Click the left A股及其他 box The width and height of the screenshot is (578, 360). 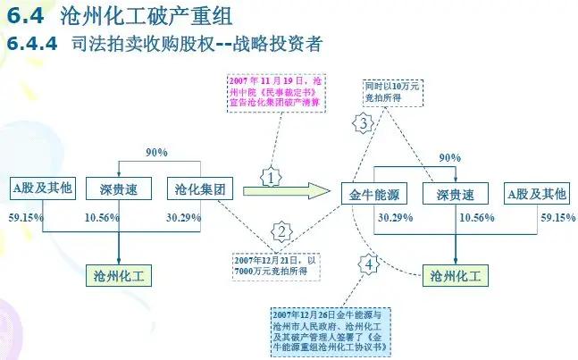pos(41,188)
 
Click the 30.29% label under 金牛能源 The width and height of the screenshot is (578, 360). pos(395,218)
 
